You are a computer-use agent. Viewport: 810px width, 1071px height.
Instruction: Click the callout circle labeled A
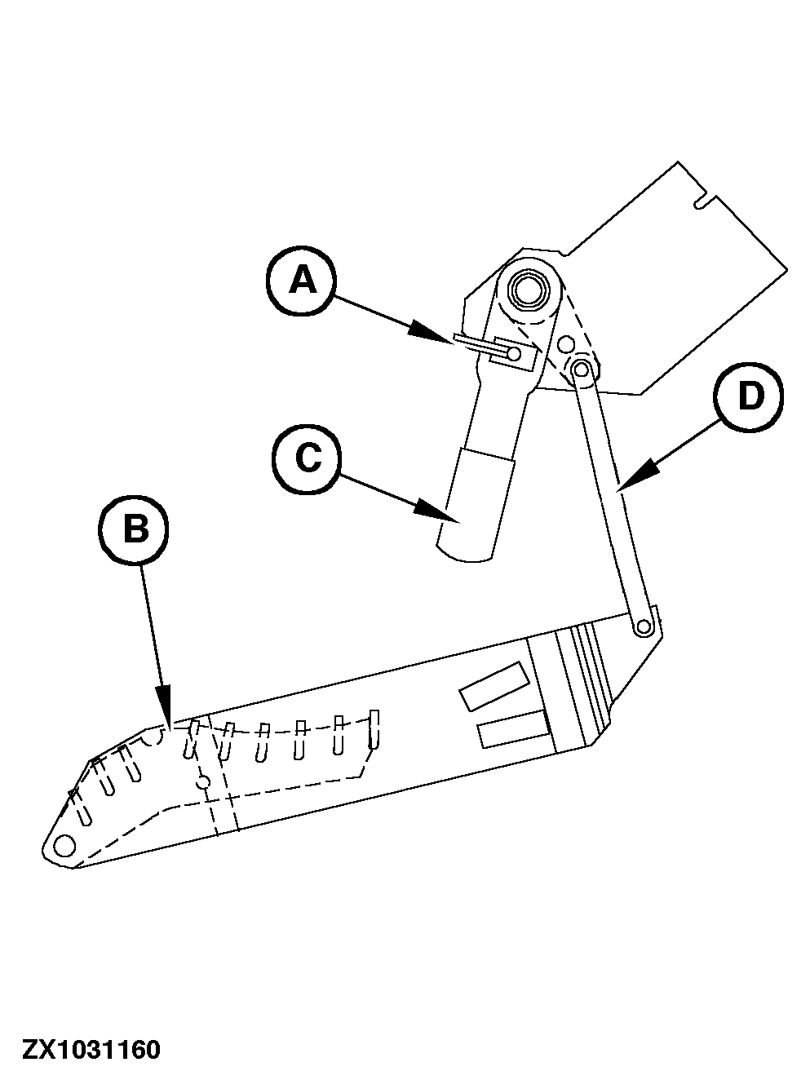pos(301,282)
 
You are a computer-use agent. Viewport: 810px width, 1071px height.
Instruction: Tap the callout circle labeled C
pos(308,459)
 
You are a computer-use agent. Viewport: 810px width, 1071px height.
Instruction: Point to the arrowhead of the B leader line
pos(165,709)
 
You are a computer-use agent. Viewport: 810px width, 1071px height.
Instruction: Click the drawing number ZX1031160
pos(91,1048)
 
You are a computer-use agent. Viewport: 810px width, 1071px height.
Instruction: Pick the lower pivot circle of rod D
pos(644,626)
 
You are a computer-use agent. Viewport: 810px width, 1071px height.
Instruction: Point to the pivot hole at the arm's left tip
pos(62,846)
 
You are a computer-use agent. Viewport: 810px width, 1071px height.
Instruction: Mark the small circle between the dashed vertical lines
pos(205,781)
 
